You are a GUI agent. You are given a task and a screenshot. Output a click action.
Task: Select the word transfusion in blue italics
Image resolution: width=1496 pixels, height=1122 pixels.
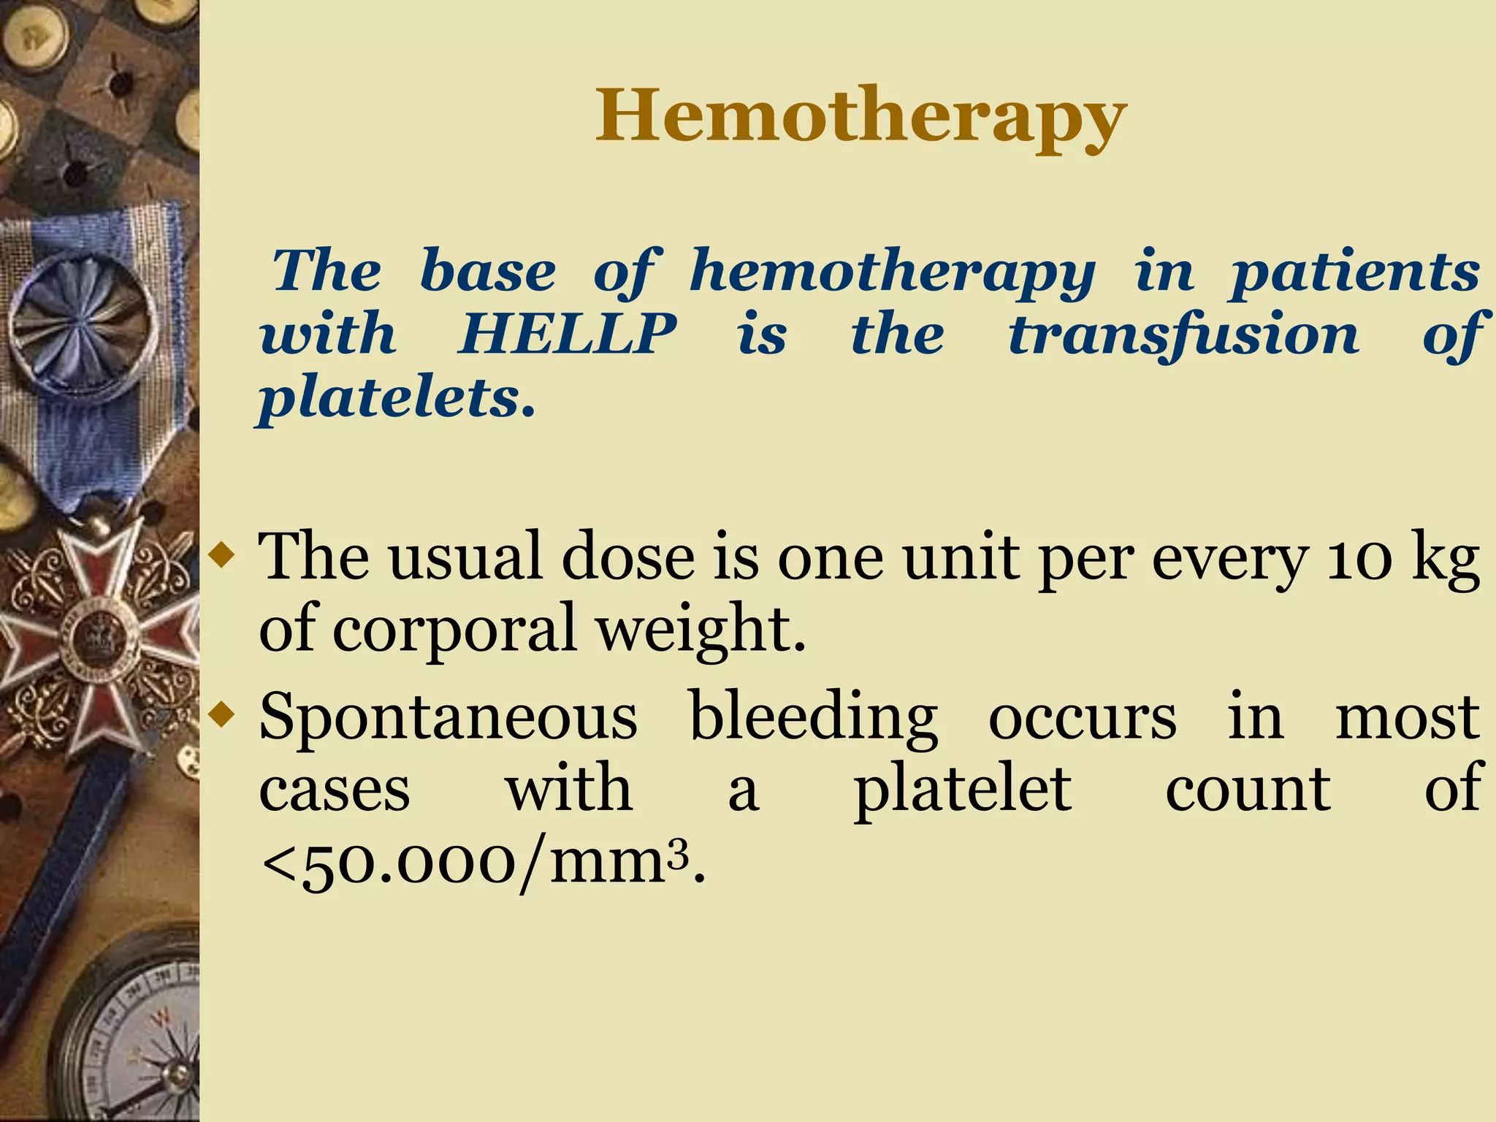pos(1183,335)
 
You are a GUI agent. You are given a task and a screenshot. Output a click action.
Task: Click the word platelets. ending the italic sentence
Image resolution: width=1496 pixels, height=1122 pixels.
pos(397,399)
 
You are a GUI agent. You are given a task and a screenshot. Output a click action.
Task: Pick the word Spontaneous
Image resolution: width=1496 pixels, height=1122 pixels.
pos(448,717)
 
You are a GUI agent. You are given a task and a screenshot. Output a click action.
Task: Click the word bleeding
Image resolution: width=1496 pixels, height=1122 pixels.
pos(813,717)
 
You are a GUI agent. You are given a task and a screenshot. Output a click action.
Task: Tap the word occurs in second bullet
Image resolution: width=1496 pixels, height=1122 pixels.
pos(1082,717)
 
